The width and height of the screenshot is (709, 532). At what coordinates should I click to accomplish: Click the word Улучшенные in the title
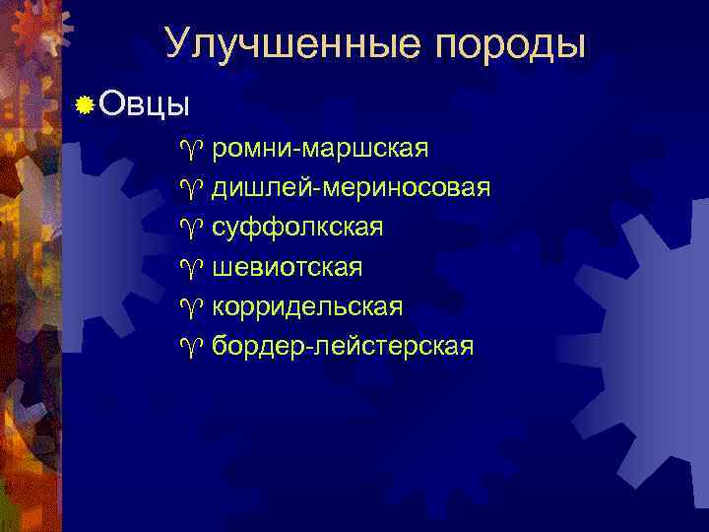[x=295, y=43]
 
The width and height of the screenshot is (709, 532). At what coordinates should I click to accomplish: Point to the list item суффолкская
[x=297, y=228]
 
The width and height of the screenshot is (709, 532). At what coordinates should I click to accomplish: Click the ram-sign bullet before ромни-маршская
[x=190, y=150]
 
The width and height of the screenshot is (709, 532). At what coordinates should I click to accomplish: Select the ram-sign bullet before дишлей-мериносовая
[x=190, y=189]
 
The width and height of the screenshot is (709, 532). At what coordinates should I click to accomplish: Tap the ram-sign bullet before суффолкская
[x=190, y=229]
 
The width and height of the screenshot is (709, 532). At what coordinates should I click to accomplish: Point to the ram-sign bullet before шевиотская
[x=190, y=268]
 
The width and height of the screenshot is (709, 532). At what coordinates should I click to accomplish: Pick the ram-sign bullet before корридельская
[x=190, y=307]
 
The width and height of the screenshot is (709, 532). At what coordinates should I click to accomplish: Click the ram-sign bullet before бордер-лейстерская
[x=190, y=347]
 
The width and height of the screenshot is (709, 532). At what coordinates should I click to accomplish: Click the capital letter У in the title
[x=178, y=43]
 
